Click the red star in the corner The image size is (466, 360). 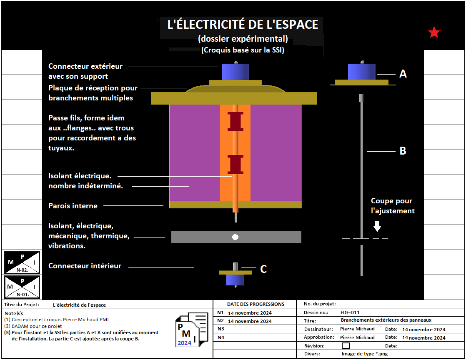point(434,32)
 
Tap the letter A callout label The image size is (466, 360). point(403,74)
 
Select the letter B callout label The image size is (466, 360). point(403,151)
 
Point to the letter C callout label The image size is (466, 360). point(263,269)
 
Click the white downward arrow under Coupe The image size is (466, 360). point(377,226)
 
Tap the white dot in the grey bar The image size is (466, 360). point(235,237)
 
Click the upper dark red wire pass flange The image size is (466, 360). point(235,121)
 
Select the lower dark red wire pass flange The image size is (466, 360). point(235,164)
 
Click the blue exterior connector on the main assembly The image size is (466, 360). point(235,72)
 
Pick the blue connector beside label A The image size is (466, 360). point(361,72)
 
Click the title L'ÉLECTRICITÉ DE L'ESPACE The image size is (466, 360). point(243,25)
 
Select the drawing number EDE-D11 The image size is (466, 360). point(350,312)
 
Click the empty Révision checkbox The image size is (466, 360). point(346,345)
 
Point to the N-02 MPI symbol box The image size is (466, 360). point(23,262)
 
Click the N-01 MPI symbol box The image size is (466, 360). point(23,287)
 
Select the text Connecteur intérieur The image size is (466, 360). point(85,266)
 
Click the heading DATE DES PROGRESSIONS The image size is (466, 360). point(256,304)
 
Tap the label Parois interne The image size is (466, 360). point(73,206)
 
